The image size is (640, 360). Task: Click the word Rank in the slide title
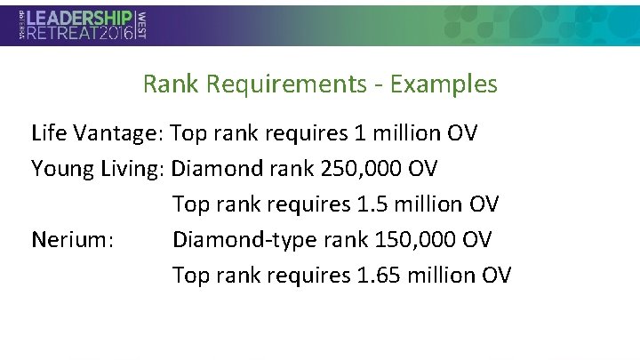click(172, 84)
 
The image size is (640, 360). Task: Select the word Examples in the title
click(444, 84)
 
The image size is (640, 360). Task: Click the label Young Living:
click(99, 169)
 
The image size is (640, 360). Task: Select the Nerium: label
click(72, 240)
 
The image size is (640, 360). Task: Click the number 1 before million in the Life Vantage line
click(359, 133)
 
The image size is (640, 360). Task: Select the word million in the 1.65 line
click(440, 276)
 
